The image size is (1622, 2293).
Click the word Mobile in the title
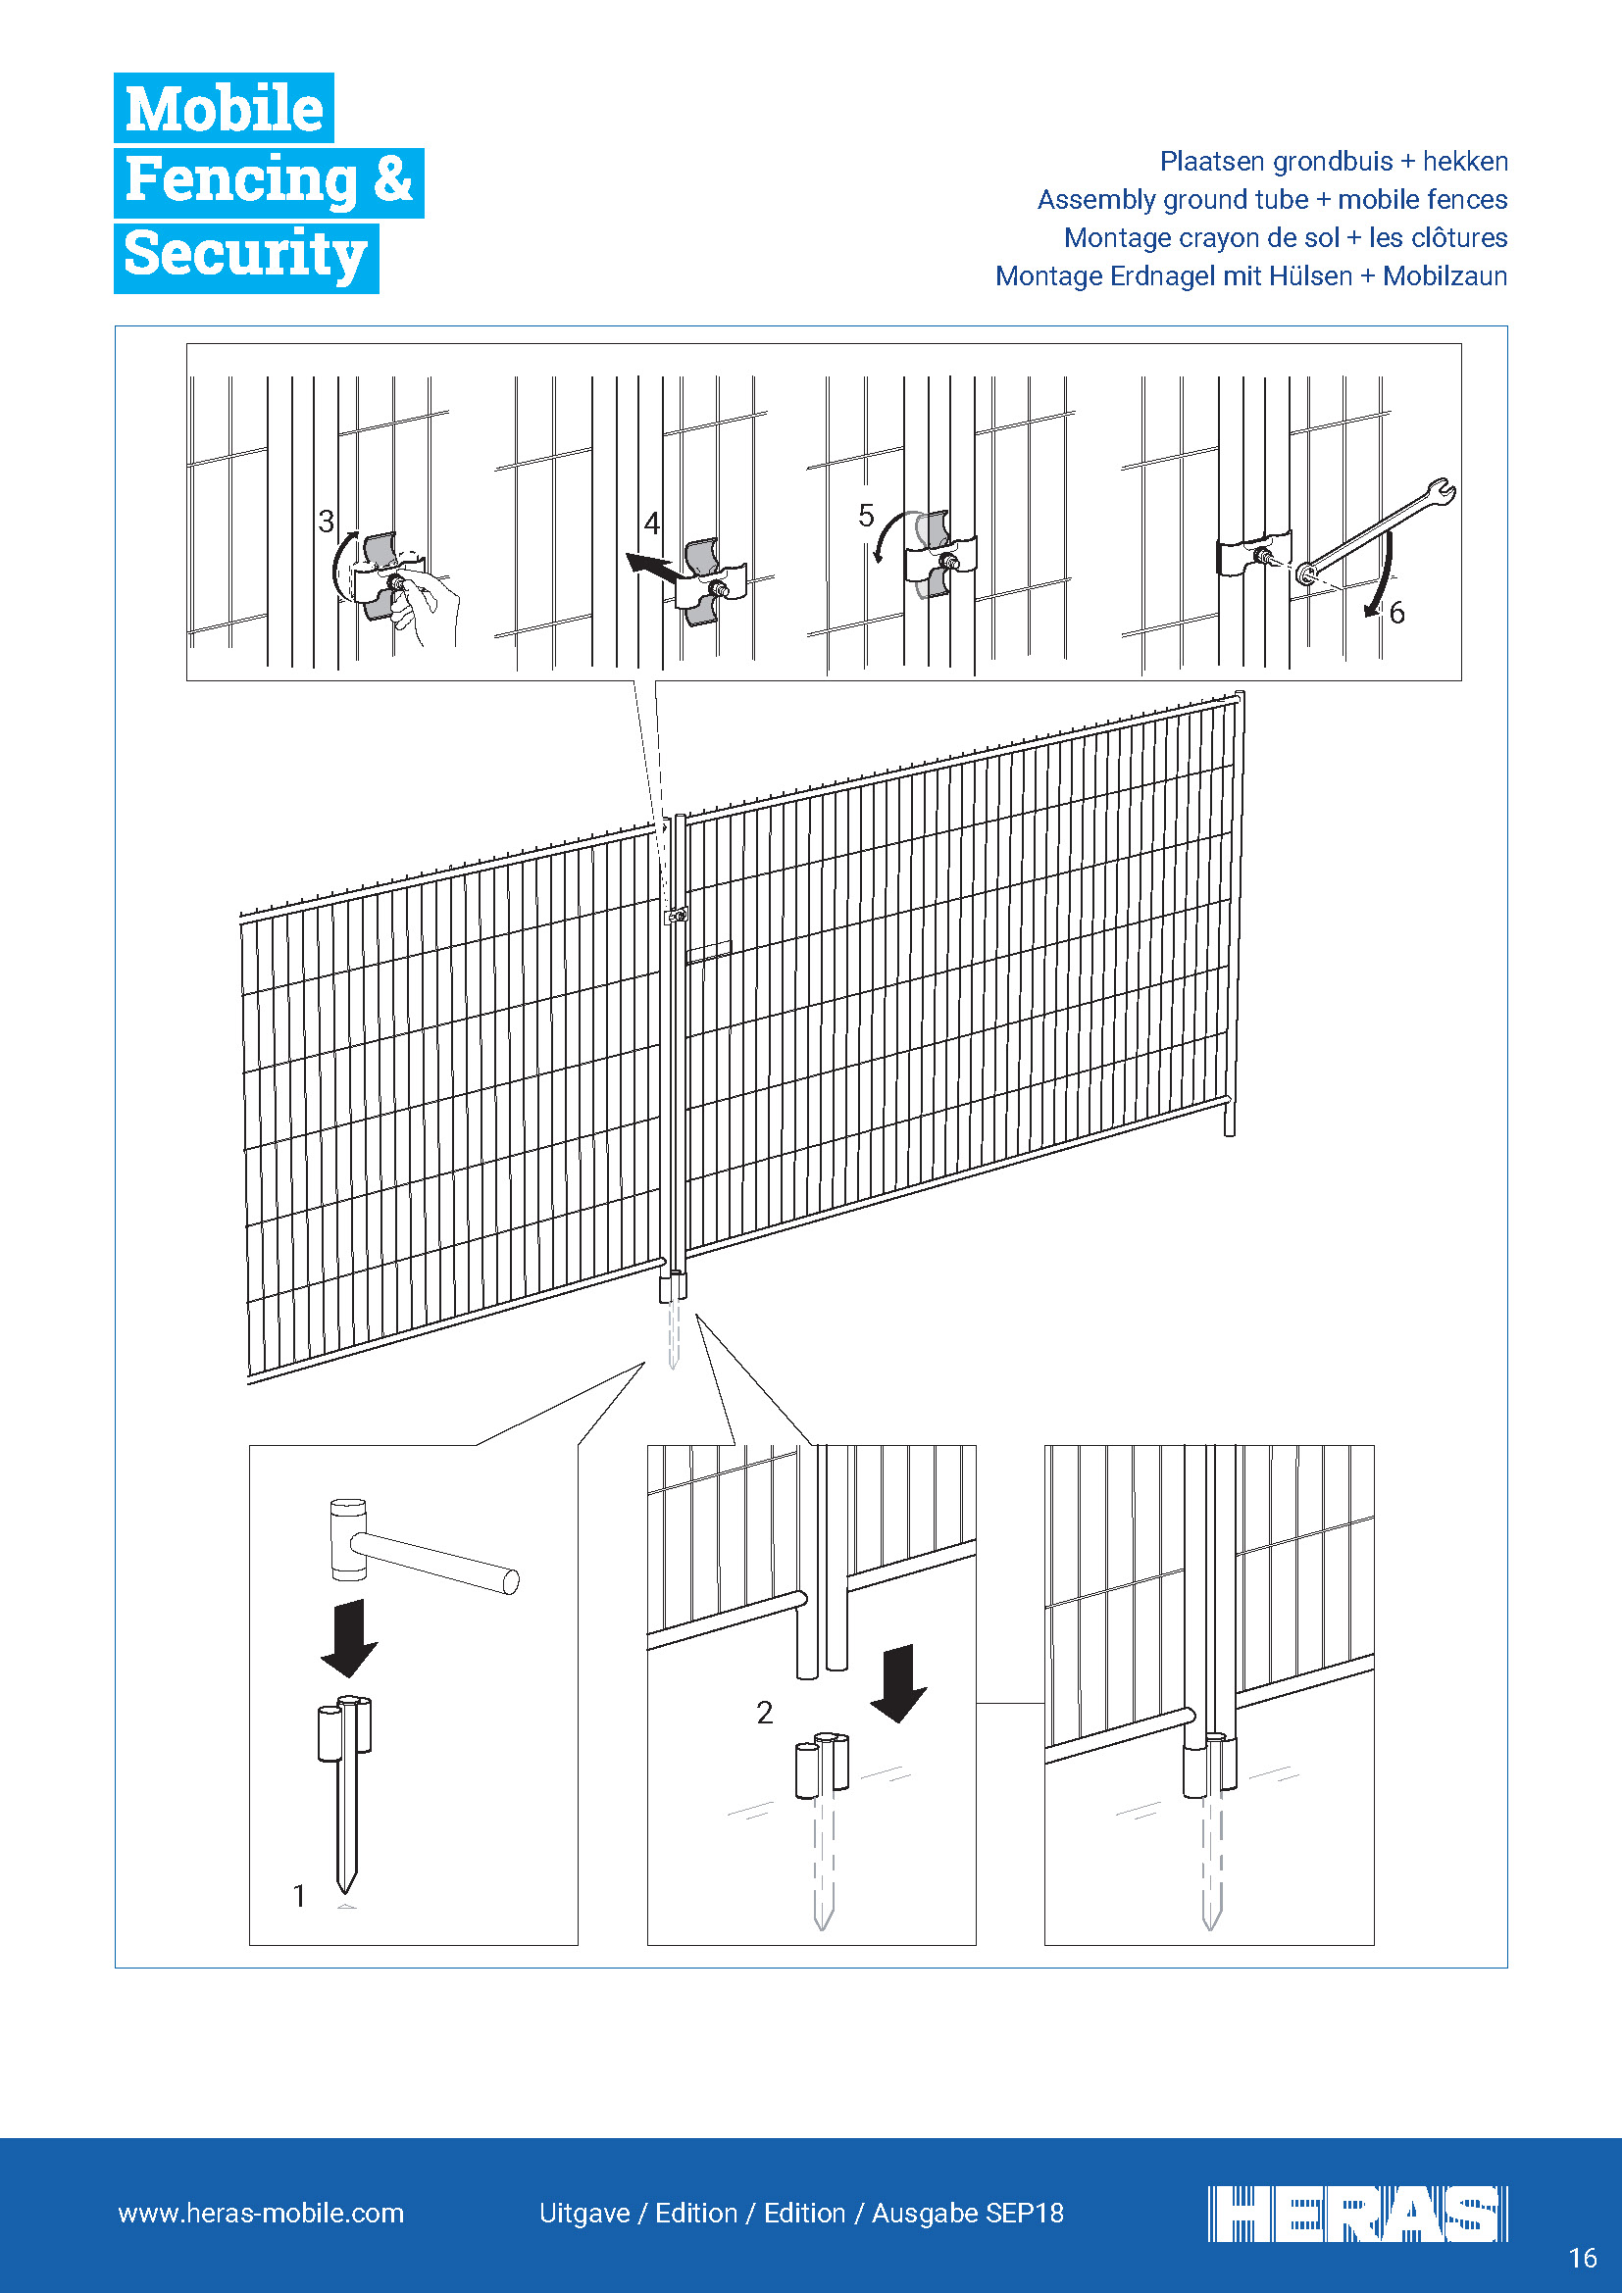[x=224, y=108]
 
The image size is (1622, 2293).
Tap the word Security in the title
[x=246, y=254]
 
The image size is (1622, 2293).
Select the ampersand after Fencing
[x=392, y=179]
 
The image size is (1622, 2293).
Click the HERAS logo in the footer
[x=1357, y=2214]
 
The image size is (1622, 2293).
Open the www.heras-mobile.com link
[x=261, y=2214]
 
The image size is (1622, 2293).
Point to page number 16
[x=1583, y=2258]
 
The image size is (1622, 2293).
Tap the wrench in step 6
[x=1378, y=531]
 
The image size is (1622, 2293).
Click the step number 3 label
[x=326, y=522]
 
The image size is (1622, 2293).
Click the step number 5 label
[x=866, y=516]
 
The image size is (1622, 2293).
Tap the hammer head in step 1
[x=347, y=1539]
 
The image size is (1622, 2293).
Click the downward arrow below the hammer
[x=348, y=1638]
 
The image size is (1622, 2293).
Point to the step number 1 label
[x=299, y=1896]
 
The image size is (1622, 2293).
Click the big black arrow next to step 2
[x=899, y=1683]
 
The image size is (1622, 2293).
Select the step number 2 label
[x=765, y=1713]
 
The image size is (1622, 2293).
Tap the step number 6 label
[x=1396, y=613]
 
